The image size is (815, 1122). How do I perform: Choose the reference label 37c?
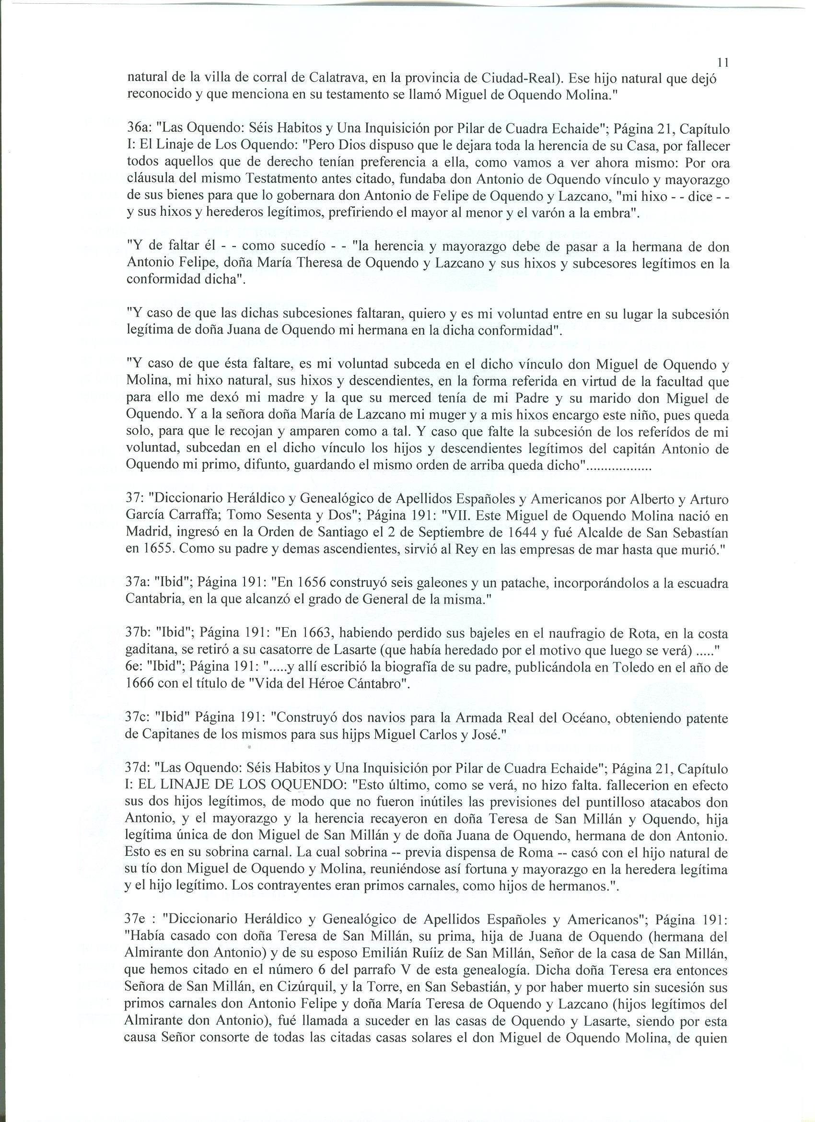140,718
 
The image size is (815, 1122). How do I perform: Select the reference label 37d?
140,768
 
